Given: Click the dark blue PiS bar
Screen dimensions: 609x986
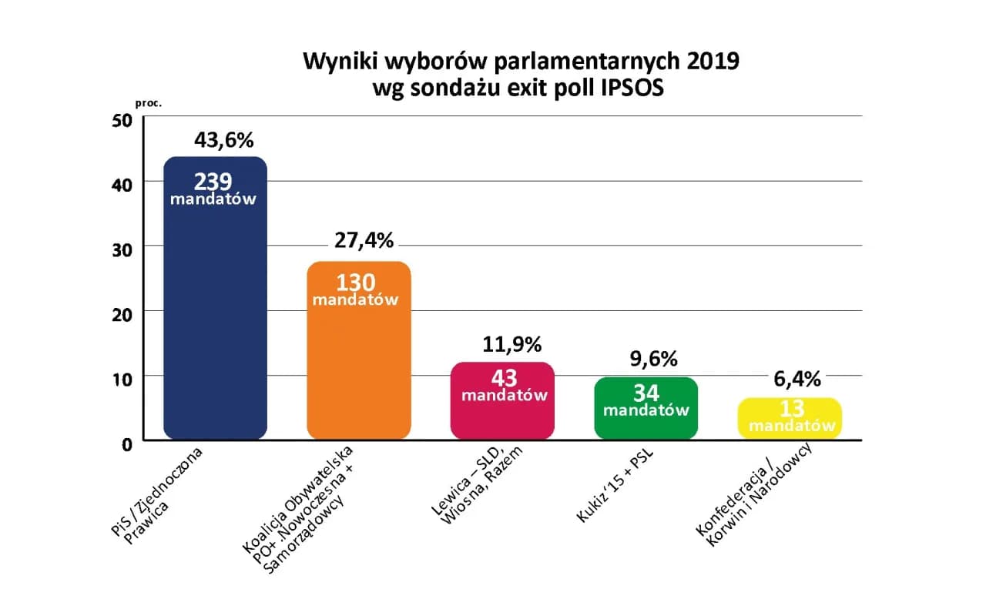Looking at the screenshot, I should click(215, 323).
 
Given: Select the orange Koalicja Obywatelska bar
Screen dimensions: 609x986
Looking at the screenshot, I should click(358, 370).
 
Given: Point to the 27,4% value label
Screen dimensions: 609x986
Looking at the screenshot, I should click(364, 240).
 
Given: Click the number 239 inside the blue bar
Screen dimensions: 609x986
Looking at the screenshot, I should click(213, 182).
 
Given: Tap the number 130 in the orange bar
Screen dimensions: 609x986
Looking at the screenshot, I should click(356, 283).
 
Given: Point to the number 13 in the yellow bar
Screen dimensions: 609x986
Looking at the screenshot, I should click(793, 409).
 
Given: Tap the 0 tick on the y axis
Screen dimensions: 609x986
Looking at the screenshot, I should click(128, 443).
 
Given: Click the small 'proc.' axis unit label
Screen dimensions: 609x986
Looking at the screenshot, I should click(149, 102).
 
